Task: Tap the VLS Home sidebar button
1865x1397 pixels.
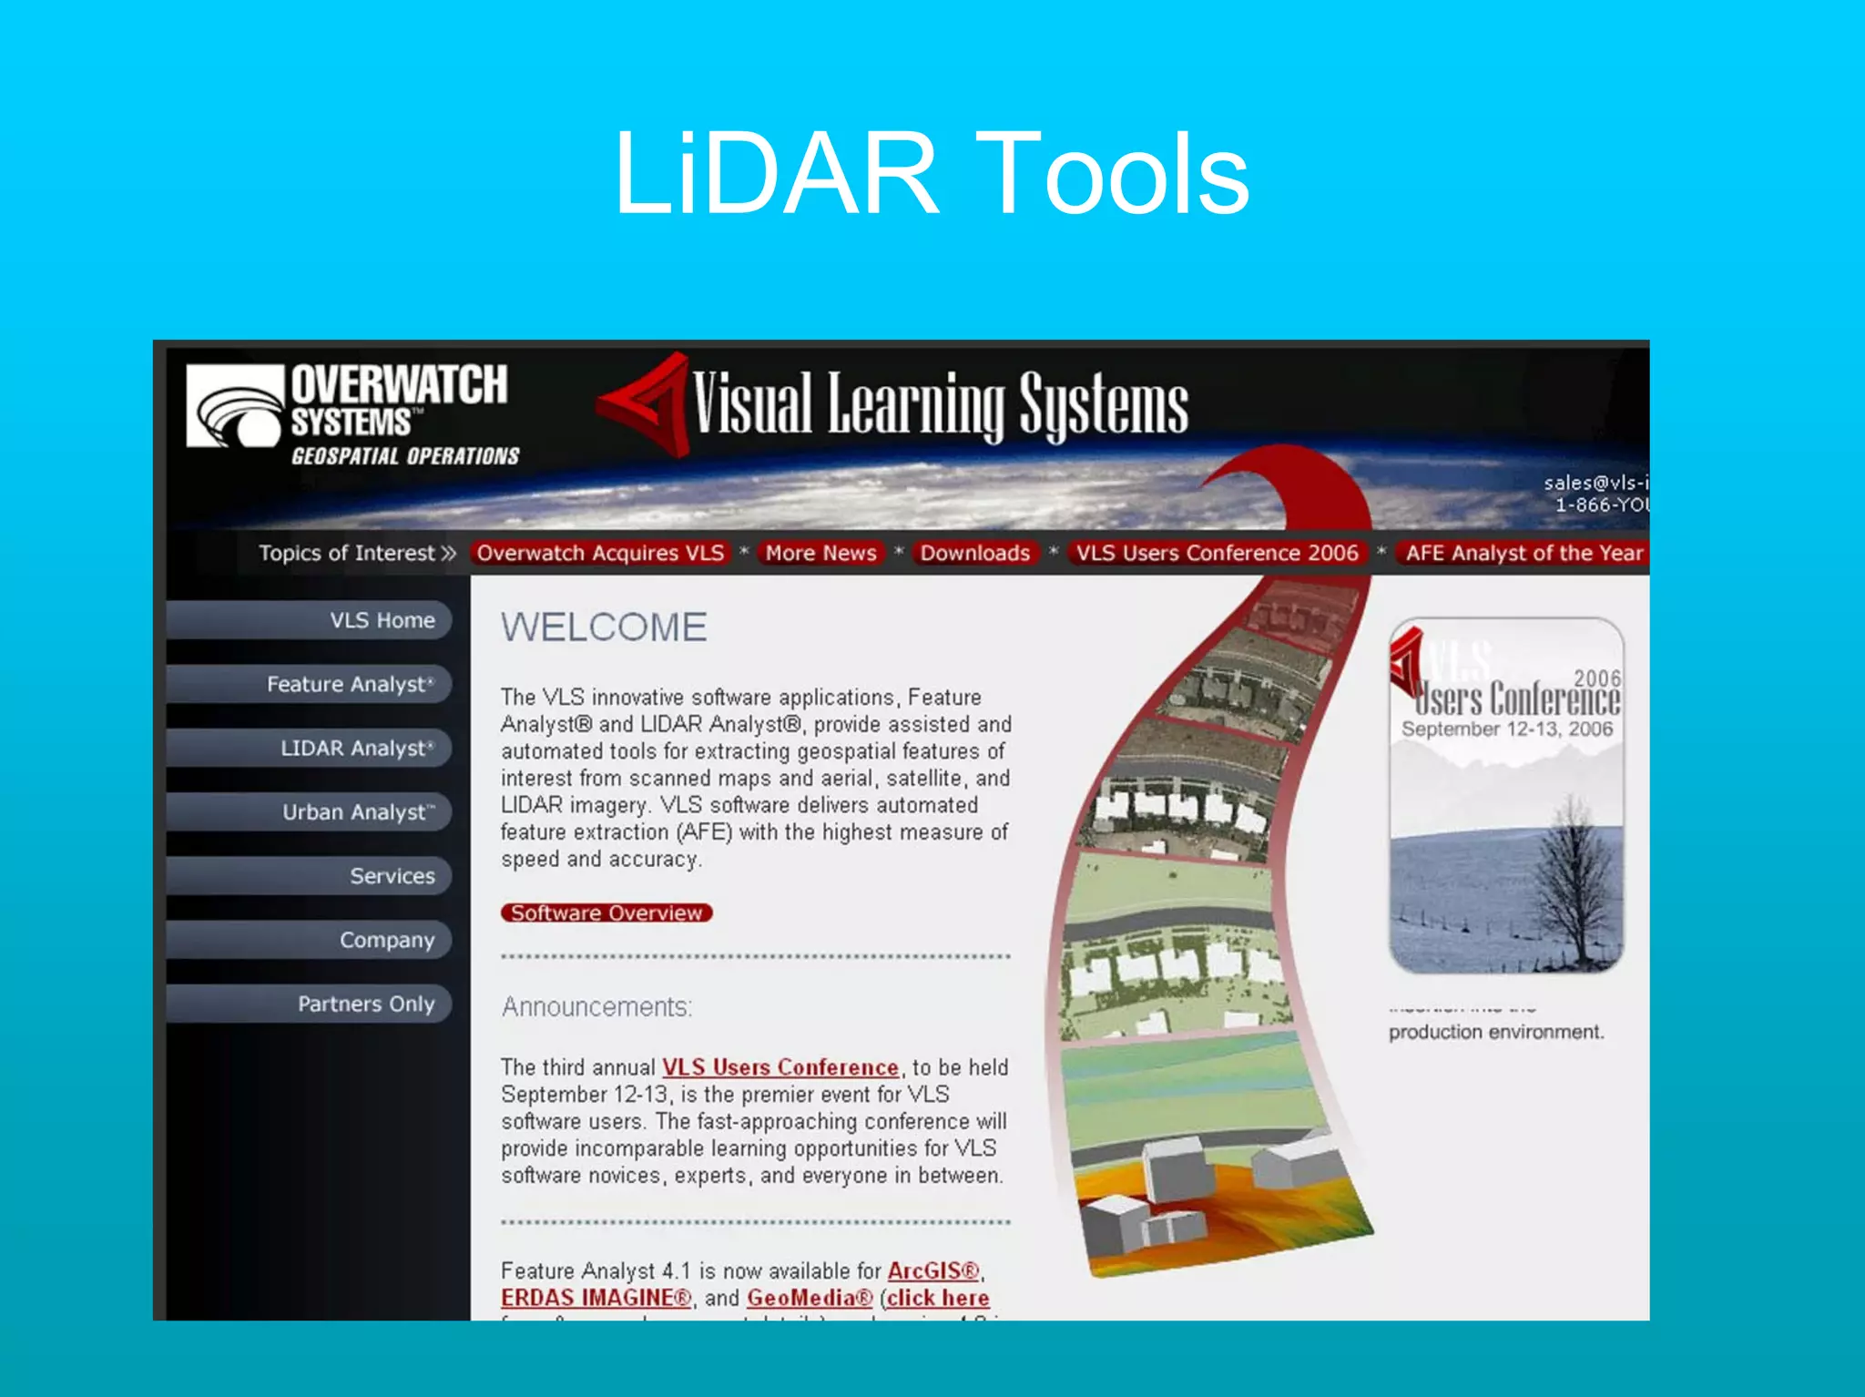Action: click(310, 620)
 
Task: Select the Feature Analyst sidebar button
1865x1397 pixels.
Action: click(310, 684)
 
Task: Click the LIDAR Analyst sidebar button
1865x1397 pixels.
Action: click(310, 748)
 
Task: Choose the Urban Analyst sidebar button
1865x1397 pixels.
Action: click(310, 811)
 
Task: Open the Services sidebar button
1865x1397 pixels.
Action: click(310, 875)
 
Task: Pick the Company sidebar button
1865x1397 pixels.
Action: click(310, 939)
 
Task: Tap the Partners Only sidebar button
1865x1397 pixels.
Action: click(310, 1003)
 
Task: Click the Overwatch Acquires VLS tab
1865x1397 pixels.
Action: click(600, 553)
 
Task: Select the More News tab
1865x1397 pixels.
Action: click(820, 553)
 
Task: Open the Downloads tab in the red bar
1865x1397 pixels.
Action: click(974, 553)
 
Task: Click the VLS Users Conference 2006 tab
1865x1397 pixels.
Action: click(1217, 553)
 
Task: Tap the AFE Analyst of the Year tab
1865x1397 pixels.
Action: click(1524, 553)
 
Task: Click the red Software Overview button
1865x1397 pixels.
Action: click(606, 913)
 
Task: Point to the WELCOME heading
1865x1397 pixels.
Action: click(604, 627)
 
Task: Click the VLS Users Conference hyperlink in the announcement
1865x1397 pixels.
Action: click(780, 1067)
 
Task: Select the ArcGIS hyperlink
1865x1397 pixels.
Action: click(933, 1270)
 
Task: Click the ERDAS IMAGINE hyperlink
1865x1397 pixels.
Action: click(596, 1298)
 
